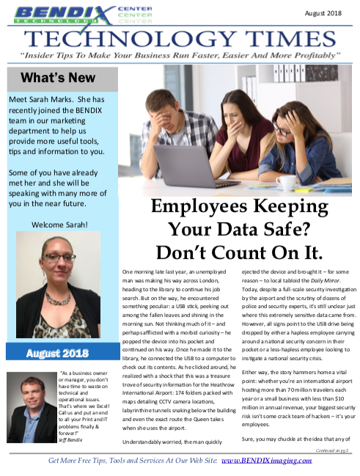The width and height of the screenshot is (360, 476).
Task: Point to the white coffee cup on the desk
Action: (286, 181)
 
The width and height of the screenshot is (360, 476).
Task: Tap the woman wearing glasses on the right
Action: (307, 147)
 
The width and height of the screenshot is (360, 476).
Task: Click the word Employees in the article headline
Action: (199, 206)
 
